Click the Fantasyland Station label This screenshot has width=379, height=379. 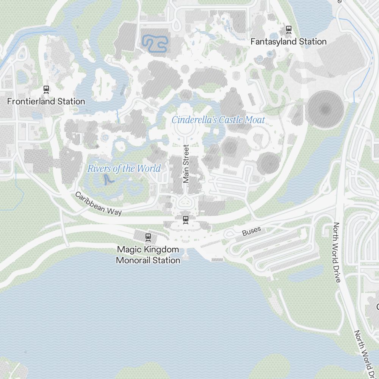pos(288,42)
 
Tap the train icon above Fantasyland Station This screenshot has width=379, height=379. pos(289,29)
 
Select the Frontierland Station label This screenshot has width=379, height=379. pos(46,102)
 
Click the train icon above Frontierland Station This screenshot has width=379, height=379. pos(46,89)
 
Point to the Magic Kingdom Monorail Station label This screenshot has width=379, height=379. pos(148,255)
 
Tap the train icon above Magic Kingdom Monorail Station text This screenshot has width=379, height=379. pos(148,237)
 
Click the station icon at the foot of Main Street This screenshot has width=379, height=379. pos(186,219)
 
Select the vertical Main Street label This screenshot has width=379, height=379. pos(186,164)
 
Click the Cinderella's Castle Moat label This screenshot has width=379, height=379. pos(218,120)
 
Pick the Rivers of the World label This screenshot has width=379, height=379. pos(124,169)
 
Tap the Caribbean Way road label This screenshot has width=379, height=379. pos(98,204)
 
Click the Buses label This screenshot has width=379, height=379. pos(252,231)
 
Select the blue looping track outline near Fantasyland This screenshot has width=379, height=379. pos(155,44)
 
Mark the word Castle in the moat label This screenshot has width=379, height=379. pos(228,120)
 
